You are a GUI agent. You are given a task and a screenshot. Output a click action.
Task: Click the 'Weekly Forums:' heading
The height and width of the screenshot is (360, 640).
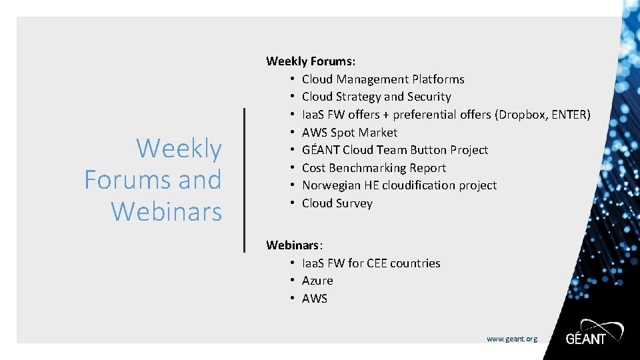coord(310,61)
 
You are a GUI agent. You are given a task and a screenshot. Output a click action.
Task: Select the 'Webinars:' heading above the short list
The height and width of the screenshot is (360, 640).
coord(295,245)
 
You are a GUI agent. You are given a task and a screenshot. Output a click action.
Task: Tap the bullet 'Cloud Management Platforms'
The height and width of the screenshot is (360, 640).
coord(383,79)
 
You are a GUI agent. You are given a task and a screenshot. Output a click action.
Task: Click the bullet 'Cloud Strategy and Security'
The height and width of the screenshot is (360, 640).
coord(376,97)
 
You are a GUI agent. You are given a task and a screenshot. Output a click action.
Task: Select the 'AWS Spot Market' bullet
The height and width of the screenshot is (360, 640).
coord(349,133)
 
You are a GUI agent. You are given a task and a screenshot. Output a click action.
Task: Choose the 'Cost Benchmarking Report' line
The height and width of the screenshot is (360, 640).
coord(373,168)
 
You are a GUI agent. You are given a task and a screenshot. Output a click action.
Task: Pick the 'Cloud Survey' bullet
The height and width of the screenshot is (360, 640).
coord(337,203)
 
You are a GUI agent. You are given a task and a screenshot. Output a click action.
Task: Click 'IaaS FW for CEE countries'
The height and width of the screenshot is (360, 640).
coord(371,263)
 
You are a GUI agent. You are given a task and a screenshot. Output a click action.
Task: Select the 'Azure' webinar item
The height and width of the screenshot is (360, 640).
coord(317,281)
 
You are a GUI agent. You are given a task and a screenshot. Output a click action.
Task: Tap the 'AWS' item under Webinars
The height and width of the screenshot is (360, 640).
coord(315,299)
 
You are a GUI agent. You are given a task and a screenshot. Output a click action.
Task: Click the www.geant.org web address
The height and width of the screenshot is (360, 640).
coord(511,339)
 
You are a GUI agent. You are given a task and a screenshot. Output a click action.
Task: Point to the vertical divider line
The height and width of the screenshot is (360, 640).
coord(244,179)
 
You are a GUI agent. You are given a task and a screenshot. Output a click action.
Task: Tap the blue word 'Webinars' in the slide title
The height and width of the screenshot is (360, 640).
coord(166,211)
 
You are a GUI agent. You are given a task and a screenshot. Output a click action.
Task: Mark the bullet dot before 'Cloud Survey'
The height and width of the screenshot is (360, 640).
coord(293,203)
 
